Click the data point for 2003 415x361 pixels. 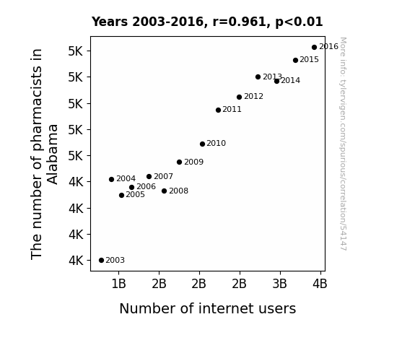point(101,261)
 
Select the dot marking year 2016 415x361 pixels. point(314,48)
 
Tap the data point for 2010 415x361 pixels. point(202,144)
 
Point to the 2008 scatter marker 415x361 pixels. point(164,191)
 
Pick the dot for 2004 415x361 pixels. point(111,179)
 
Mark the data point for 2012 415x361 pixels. point(239,97)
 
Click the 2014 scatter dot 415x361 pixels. point(276,82)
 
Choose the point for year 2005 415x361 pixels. point(121,195)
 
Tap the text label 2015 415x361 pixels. point(309,60)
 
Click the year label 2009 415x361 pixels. point(193,162)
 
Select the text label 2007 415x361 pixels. point(163,176)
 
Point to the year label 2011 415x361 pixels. point(232,109)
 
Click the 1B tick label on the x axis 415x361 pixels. point(118,284)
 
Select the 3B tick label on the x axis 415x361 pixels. point(280,284)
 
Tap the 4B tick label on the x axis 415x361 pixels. point(320,284)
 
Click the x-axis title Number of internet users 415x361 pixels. point(208,308)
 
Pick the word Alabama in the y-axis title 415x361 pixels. point(53,155)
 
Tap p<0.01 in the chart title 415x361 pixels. point(299,22)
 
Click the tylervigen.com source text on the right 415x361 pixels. point(343,144)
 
